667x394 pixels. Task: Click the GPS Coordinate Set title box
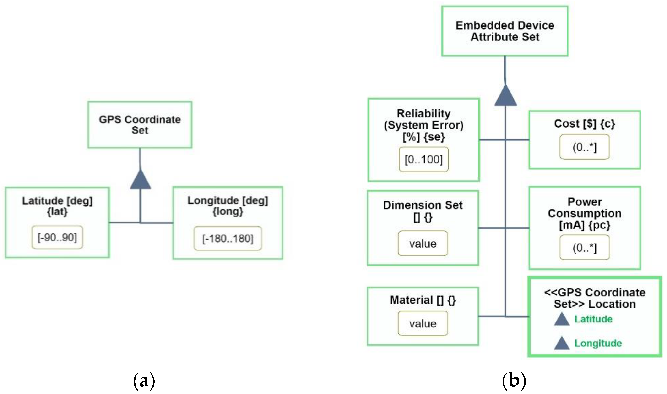[x=140, y=125]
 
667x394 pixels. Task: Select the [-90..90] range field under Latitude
[x=57, y=238]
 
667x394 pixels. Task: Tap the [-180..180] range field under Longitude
[x=228, y=239]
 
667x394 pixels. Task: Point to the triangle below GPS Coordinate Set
[x=140, y=180]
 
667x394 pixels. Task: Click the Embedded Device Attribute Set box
[x=505, y=31]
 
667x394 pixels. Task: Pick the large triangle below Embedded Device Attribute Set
[x=505, y=96]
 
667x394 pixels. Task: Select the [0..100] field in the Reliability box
[x=423, y=160]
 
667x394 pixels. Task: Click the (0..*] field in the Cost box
[x=584, y=147]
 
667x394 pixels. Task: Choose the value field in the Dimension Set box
[x=423, y=244]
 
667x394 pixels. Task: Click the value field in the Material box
[x=423, y=323]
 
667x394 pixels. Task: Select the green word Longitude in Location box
[x=598, y=343]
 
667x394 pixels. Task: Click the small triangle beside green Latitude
[x=562, y=319]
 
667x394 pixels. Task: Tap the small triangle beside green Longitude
[x=562, y=344]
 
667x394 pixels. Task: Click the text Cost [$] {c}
[x=584, y=124]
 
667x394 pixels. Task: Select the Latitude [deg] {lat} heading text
[x=57, y=206]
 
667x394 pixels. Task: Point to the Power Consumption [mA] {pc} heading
[x=585, y=213]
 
